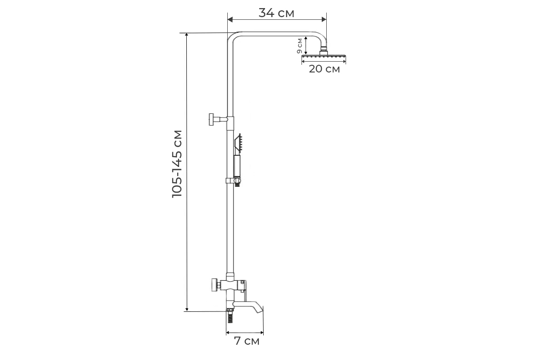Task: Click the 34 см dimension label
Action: [x=276, y=13]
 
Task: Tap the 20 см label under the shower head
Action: [x=324, y=69]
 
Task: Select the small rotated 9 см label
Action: [x=299, y=46]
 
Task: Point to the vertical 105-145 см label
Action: [x=177, y=164]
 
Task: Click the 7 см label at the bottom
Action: [x=247, y=341]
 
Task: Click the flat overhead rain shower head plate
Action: [x=324, y=57]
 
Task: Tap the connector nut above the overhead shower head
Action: [x=324, y=52]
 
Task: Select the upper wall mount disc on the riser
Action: [x=212, y=119]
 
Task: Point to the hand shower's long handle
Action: [x=237, y=166]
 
